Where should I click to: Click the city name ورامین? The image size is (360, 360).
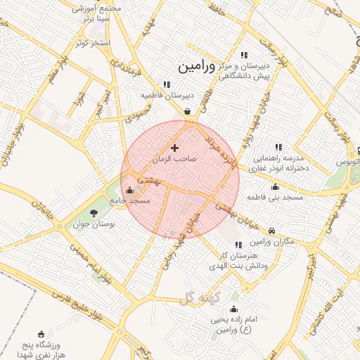coord(193,67)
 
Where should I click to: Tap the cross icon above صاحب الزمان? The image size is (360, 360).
coord(174,148)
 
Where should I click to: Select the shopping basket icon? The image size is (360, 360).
coord(187,111)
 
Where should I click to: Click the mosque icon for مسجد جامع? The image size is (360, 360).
coord(129,190)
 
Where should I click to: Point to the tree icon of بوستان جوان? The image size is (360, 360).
coord(94,213)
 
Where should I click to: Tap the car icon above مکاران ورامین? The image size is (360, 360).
coord(272,231)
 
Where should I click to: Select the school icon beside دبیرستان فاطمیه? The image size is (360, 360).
coord(167,84)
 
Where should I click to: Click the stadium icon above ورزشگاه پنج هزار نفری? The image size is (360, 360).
coord(41,333)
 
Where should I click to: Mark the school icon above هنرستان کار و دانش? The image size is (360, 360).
coord(238,245)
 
